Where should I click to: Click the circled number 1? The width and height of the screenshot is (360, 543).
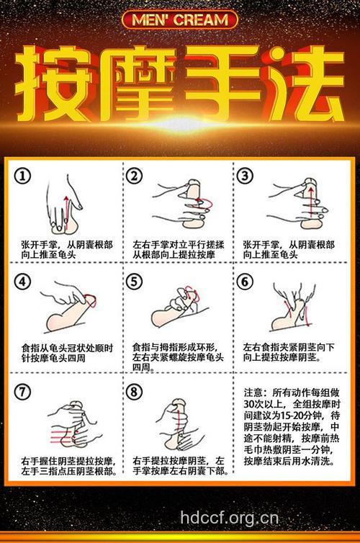click(x=25, y=176)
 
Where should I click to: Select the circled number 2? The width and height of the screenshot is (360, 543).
click(x=135, y=176)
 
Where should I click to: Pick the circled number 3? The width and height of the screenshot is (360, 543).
click(x=246, y=176)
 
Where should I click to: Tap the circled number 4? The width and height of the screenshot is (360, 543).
click(x=25, y=282)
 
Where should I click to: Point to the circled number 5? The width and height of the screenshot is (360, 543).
click(x=135, y=282)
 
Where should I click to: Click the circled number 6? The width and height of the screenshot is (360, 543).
click(x=246, y=282)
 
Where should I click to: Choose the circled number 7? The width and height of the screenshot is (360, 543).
click(x=25, y=392)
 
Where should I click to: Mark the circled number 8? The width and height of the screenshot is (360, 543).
click(x=135, y=392)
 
